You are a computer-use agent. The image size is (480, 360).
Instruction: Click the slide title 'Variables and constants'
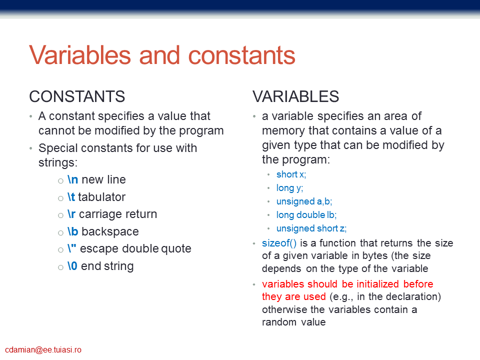(162, 55)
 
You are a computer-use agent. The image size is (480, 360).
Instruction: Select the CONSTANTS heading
(77, 96)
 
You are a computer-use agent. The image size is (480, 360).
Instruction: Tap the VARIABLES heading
(295, 96)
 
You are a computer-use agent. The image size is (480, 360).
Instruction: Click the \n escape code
(72, 179)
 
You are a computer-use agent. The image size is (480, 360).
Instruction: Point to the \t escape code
(71, 197)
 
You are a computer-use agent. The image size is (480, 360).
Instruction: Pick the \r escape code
(71, 214)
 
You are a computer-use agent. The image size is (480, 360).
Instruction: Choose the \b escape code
(72, 231)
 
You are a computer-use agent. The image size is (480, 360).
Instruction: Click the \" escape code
(71, 248)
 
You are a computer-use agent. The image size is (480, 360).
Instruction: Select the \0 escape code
(72, 266)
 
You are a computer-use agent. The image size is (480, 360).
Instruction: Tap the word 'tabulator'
(102, 197)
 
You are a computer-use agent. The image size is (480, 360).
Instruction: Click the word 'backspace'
(110, 231)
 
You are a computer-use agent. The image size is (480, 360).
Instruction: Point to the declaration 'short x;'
(291, 174)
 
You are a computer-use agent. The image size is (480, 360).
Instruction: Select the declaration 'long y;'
(289, 188)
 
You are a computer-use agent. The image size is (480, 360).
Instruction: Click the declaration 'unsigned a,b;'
(304, 201)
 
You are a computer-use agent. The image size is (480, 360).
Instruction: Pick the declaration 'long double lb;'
(306, 215)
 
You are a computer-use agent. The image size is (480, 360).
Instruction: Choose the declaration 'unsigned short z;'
(311, 228)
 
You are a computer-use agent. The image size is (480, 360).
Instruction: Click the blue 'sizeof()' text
(279, 243)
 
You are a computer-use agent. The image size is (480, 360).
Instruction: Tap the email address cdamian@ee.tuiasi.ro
(43, 350)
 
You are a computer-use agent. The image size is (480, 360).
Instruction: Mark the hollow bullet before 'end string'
(60, 267)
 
